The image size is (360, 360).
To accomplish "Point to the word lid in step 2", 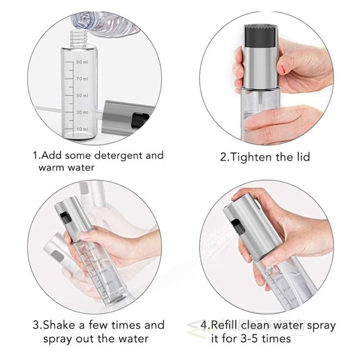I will (x=301, y=157).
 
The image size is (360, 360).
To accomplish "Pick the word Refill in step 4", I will (x=225, y=325).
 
